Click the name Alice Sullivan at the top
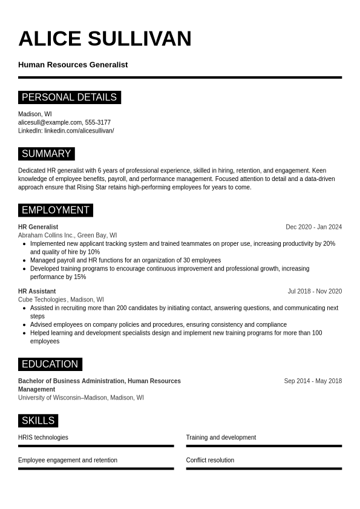click(105, 39)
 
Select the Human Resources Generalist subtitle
click(73, 65)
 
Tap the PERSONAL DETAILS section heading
click(69, 97)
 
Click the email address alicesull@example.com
click(50, 122)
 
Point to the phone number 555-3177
click(98, 122)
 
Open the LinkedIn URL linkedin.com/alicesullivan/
click(79, 131)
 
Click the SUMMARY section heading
click(46, 154)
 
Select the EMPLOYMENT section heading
click(55, 210)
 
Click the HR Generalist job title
click(38, 227)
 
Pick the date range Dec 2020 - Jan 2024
click(313, 227)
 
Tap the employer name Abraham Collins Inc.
click(46, 235)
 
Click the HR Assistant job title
click(37, 291)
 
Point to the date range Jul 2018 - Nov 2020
click(315, 291)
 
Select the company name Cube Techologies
click(42, 300)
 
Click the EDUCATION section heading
click(50, 364)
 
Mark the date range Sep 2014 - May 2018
click(313, 381)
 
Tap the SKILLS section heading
click(38, 421)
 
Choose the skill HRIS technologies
click(43, 438)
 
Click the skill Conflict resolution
click(210, 460)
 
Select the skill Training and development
click(221, 438)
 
